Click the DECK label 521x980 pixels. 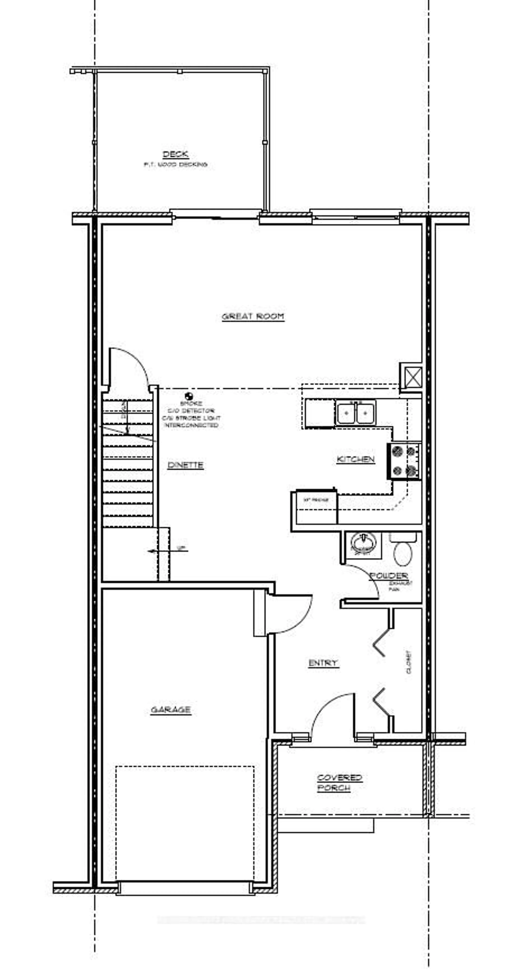pos(175,154)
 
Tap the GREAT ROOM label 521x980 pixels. pos(253,316)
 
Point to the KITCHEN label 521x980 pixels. pos(356,459)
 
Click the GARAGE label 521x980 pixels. pos(171,710)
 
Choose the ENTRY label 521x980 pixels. pos(323,663)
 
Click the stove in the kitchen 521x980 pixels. pos(404,461)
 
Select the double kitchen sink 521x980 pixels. pos(355,412)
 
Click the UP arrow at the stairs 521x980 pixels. pos(167,551)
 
